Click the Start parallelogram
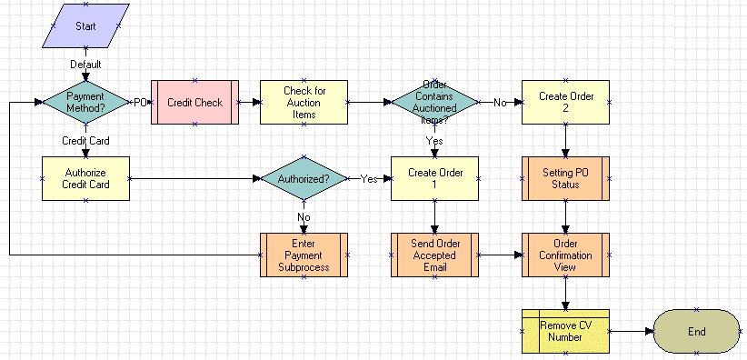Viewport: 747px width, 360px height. tap(85, 26)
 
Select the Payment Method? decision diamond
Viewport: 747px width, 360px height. tap(85, 103)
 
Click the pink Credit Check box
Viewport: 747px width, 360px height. tap(194, 103)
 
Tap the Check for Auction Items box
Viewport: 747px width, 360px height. tap(304, 103)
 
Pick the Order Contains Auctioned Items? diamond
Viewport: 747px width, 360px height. tap(433, 103)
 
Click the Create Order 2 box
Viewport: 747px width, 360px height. tap(565, 103)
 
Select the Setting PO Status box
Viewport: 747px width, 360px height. tap(565, 178)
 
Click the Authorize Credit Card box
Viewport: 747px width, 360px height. tap(85, 178)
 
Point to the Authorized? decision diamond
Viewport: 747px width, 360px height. tap(304, 179)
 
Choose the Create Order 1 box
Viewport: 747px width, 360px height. tap(434, 178)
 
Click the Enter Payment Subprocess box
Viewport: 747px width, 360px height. tap(304, 255)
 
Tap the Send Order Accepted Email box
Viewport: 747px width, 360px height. tap(434, 255)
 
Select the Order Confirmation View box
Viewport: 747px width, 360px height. tap(565, 255)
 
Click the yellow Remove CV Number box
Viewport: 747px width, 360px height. tap(565, 331)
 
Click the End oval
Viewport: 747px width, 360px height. tap(696, 331)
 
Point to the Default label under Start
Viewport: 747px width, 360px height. tap(85, 65)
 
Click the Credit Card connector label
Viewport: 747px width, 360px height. tap(85, 141)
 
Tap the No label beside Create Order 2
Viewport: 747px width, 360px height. tap(500, 103)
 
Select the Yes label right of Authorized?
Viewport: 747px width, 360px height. tap(369, 179)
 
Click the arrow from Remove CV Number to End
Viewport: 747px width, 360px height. tap(631, 331)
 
